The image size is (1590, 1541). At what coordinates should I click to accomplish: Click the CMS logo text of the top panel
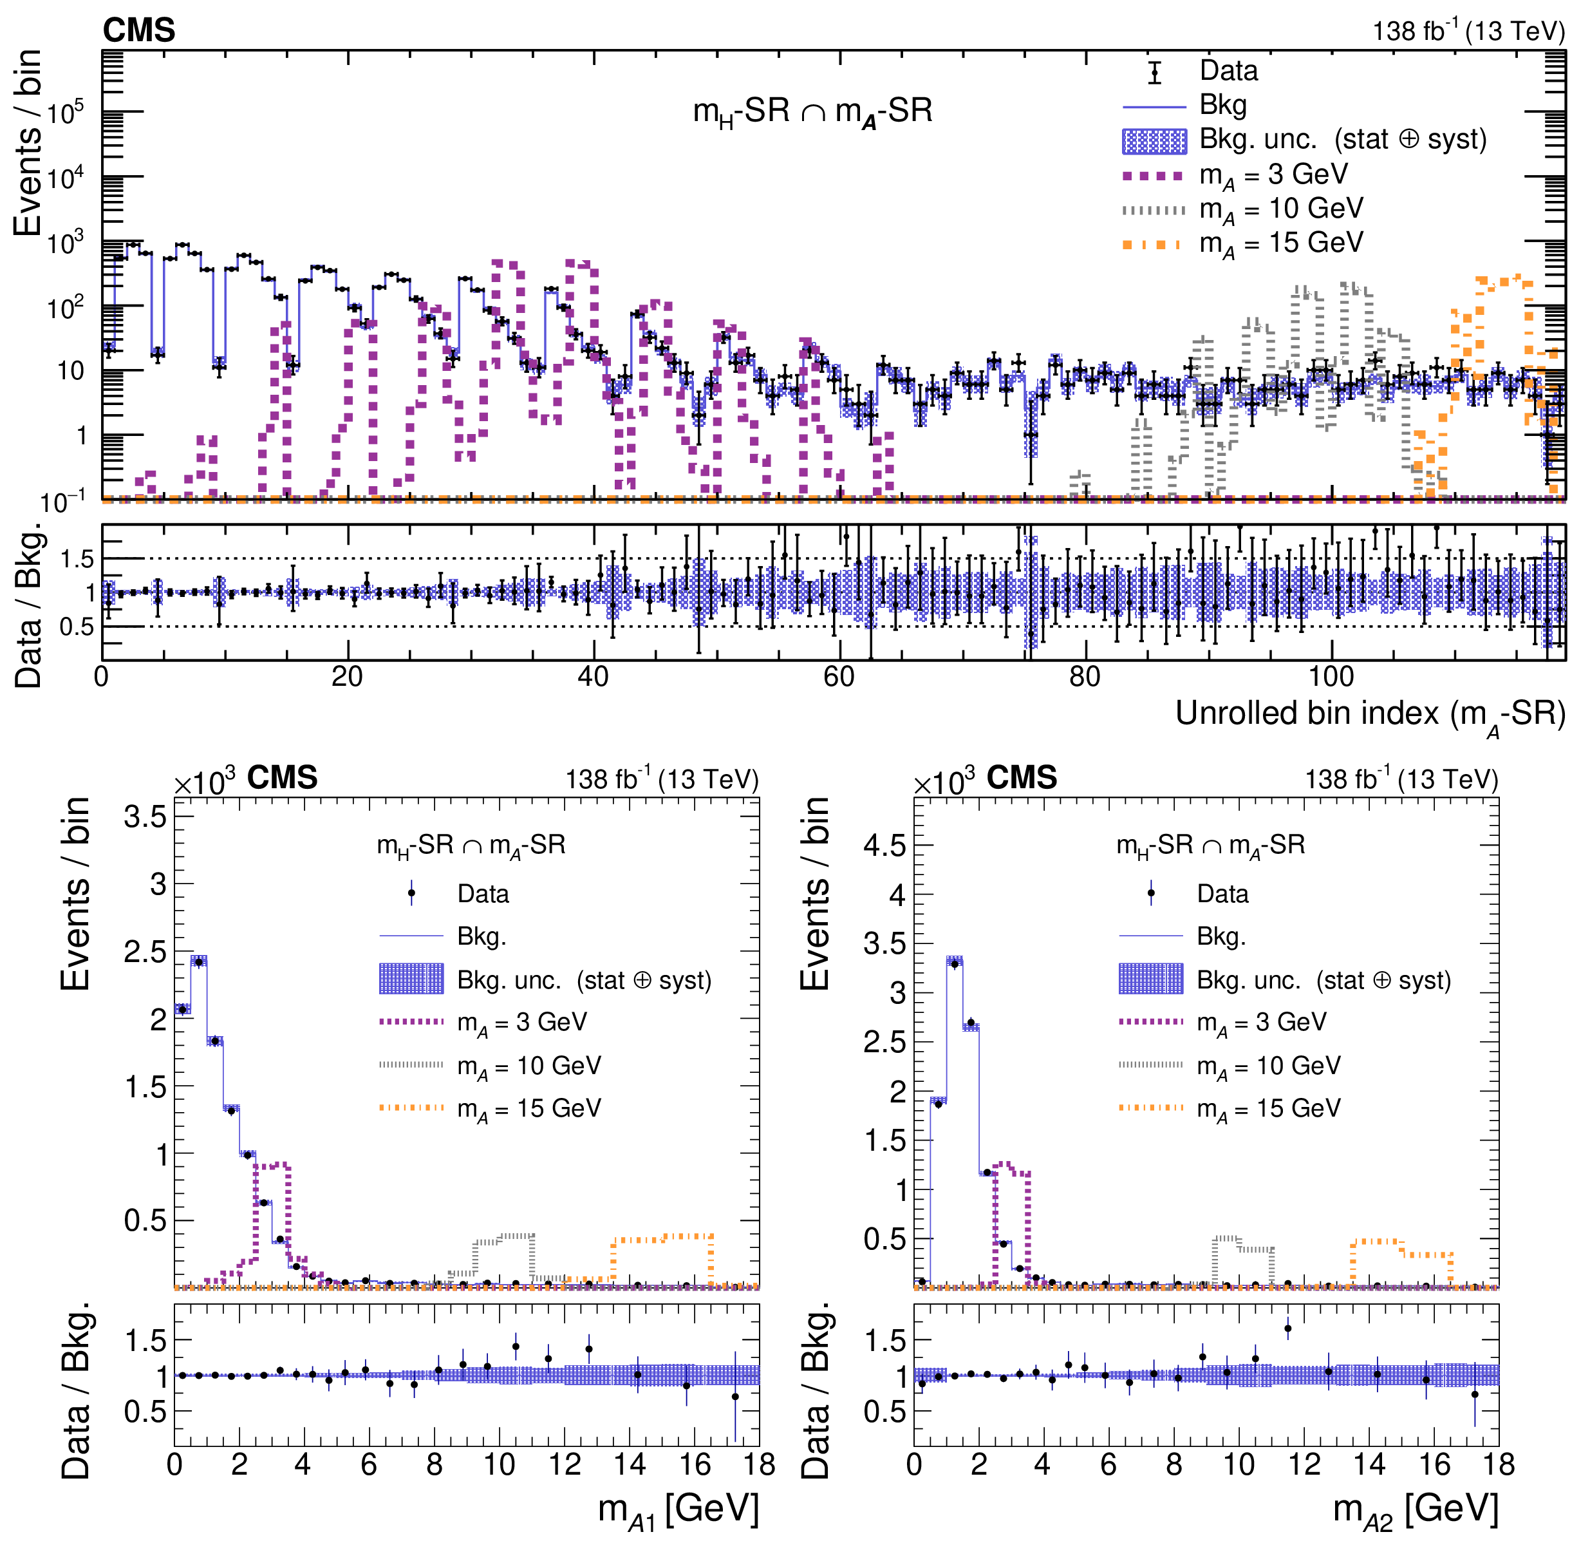click(138, 31)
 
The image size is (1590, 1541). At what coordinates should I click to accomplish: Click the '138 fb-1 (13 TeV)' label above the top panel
click(1468, 31)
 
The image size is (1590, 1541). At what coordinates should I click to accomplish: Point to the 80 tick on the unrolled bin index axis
click(1084, 677)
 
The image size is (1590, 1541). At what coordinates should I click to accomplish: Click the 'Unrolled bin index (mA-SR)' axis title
click(1369, 715)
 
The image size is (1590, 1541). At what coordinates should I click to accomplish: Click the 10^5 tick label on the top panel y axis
click(65, 112)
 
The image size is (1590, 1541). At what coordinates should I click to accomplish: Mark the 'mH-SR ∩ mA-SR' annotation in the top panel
click(812, 111)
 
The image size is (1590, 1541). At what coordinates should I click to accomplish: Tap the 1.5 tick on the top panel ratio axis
click(77, 559)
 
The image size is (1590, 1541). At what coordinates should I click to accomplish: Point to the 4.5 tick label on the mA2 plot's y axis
click(884, 846)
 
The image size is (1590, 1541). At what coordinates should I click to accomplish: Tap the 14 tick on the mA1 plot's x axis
click(630, 1465)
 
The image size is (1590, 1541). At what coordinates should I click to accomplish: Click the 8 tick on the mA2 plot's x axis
click(1174, 1465)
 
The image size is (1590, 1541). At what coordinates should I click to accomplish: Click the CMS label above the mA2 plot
click(1022, 778)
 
